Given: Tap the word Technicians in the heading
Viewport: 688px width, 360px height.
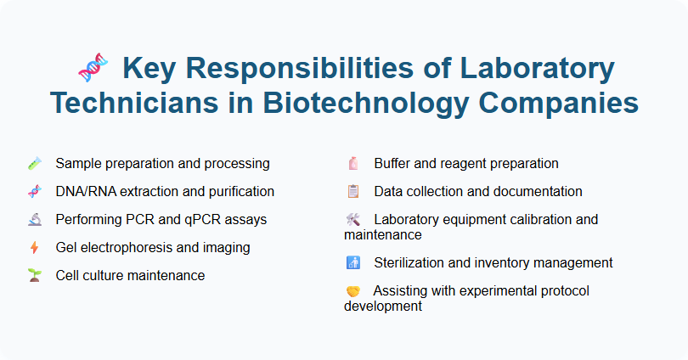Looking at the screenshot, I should coord(136,103).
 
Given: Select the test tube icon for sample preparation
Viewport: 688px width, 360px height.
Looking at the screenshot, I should coord(34,163).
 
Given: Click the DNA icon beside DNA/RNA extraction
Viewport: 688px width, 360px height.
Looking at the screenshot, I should coord(34,192).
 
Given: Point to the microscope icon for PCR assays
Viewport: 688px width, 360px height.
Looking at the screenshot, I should coord(34,219).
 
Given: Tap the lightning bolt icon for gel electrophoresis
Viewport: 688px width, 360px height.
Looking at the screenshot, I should coord(34,248).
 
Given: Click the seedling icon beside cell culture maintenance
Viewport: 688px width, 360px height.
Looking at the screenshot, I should coord(34,276).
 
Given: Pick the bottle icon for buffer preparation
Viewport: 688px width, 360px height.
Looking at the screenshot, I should coord(353,163).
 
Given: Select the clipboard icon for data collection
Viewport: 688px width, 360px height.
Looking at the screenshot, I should coord(353,191).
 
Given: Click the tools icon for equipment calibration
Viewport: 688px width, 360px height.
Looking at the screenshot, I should coord(353,220).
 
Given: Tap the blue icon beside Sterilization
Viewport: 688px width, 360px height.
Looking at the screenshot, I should coord(353,263).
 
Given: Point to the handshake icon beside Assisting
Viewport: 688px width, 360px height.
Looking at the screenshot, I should coord(353,291).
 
